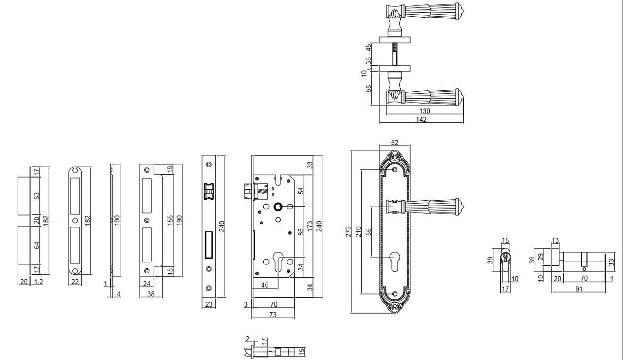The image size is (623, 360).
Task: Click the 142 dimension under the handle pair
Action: coord(421,119)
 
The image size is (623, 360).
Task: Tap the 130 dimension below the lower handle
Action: coord(425,111)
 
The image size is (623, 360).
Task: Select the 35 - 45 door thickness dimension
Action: coord(368,54)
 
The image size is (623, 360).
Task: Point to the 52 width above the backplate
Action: coord(394,143)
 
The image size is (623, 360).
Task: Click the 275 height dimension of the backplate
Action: coord(348,231)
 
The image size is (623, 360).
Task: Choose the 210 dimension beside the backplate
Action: coord(358,231)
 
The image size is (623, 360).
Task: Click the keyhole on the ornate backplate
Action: coord(395,261)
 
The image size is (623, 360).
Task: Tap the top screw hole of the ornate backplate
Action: coord(395,170)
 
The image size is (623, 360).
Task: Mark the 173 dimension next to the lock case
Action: coord(310,226)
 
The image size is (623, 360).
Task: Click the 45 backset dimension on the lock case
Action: coord(265,285)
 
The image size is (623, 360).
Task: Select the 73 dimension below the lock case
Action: coord(273,314)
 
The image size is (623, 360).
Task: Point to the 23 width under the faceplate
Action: coord(208,304)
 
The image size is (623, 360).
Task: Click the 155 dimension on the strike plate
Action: coord(170,220)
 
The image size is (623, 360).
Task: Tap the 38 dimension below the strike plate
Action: coord(151,294)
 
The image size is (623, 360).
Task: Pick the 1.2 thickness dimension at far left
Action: coord(38,282)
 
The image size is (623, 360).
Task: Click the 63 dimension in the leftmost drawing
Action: coord(36,196)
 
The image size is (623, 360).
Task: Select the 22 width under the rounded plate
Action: coord(75,282)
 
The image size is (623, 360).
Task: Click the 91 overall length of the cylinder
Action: coord(579,289)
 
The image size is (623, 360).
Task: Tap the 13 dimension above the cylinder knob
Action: coord(555,240)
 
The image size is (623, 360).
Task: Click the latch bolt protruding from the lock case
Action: coord(248,191)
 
